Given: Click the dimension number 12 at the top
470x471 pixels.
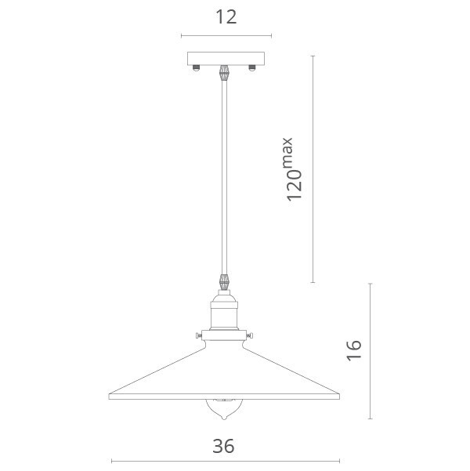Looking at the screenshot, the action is (x=226, y=17).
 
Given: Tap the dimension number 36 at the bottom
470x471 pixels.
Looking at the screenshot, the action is (x=223, y=446).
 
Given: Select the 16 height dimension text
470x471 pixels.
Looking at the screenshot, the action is (x=354, y=350).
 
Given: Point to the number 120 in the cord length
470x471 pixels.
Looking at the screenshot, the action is (x=294, y=185).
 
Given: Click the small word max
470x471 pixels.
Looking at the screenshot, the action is (x=287, y=152).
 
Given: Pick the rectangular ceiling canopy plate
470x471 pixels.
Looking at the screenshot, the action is (x=226, y=59).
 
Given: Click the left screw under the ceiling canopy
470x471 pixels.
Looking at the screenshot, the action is (x=196, y=68).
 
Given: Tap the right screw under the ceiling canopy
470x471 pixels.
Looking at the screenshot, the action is (x=252, y=68).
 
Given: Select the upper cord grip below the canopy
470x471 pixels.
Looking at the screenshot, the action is (x=224, y=73).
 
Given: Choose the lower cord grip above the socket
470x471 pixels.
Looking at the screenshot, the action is (x=224, y=282).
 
